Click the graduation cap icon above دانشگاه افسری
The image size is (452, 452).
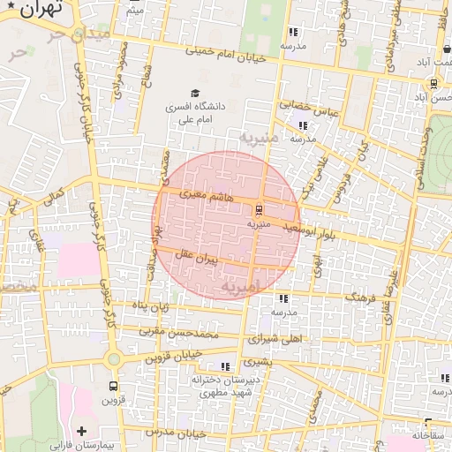[194, 93]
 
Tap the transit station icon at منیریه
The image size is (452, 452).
[259, 211]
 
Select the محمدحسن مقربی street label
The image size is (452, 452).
[207, 335]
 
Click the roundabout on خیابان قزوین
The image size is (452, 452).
[113, 358]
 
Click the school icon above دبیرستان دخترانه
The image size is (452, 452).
[225, 365]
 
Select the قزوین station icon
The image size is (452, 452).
[113, 387]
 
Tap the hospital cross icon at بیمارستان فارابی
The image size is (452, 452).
[82, 431]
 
